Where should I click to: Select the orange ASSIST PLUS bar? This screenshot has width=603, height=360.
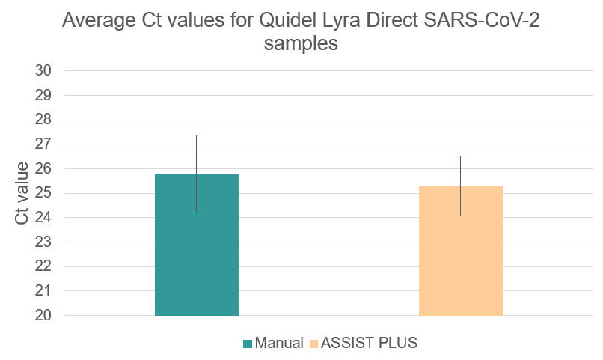click(460, 254)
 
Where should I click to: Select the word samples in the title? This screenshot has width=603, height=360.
click(301, 43)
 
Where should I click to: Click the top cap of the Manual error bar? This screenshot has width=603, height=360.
click(196, 135)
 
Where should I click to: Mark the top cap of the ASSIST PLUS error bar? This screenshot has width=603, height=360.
click(460, 156)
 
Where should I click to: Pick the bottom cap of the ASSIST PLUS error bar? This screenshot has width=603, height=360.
click(460, 216)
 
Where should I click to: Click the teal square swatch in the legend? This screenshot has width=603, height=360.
click(248, 344)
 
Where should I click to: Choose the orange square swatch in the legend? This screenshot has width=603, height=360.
click(314, 344)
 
